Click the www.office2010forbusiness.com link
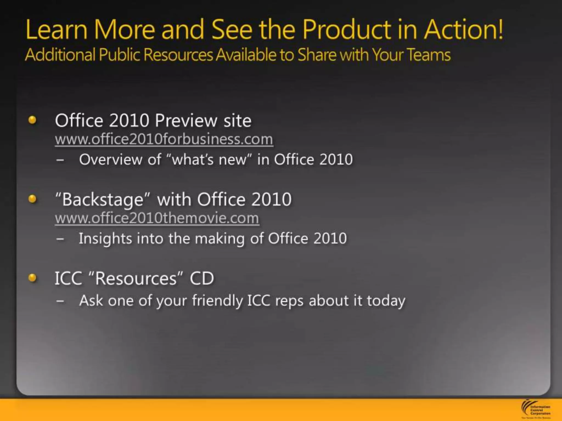point(164,139)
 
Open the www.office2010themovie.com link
point(157,218)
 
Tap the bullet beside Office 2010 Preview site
point(32,120)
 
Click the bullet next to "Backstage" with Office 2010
point(32,199)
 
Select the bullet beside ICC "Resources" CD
point(32,278)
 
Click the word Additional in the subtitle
point(60,55)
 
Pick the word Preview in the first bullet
point(186,121)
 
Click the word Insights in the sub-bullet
point(105,238)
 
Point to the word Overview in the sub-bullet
point(111,160)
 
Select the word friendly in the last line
point(217,301)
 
